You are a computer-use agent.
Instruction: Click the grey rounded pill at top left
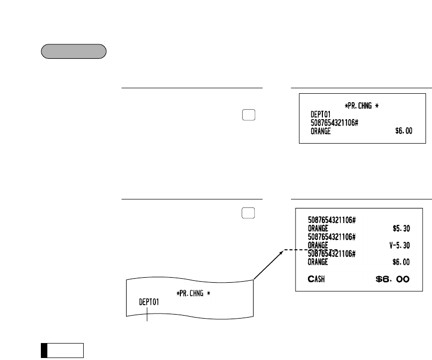73,52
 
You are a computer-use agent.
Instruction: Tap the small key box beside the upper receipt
250,114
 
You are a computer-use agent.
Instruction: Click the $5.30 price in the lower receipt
400,228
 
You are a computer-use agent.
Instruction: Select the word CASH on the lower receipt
316,279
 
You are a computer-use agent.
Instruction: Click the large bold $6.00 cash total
393,279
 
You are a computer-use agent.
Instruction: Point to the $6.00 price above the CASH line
400,262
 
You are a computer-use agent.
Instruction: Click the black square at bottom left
44,351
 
